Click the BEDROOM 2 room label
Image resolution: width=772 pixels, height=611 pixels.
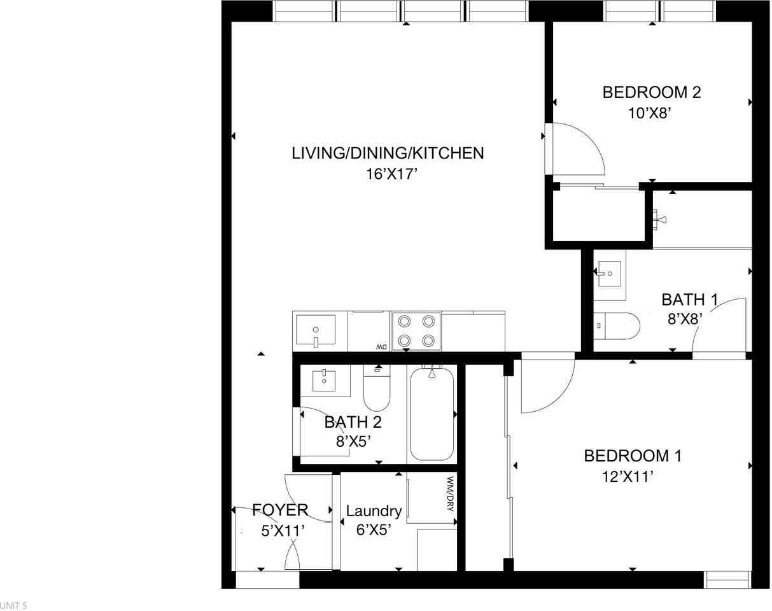[x=651, y=92]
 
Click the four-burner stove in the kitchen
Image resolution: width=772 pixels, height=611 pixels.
[x=416, y=331]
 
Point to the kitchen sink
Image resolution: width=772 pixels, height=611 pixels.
[x=316, y=331]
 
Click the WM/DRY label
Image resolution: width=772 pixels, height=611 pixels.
[x=450, y=494]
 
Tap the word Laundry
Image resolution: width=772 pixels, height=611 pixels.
[x=374, y=511]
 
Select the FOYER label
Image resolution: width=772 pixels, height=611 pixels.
[x=280, y=510]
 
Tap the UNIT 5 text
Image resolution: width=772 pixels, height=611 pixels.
[x=13, y=605]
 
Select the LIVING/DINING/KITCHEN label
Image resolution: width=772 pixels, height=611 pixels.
[x=388, y=153]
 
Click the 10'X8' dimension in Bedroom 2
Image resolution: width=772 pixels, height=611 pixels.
[x=651, y=113]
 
